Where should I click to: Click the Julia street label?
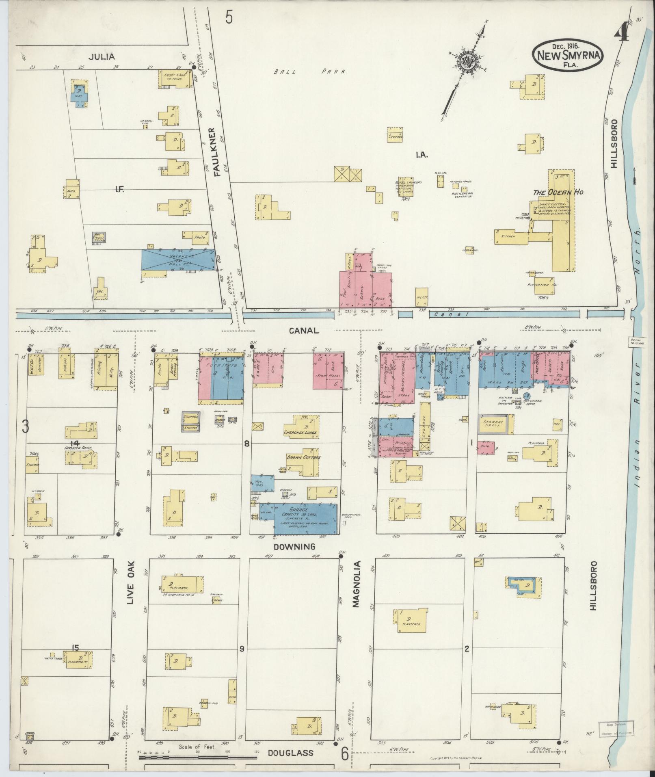pyautogui.click(x=102, y=57)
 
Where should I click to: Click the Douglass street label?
pyautogui.click(x=290, y=753)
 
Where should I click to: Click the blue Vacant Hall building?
pyautogui.click(x=177, y=259)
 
